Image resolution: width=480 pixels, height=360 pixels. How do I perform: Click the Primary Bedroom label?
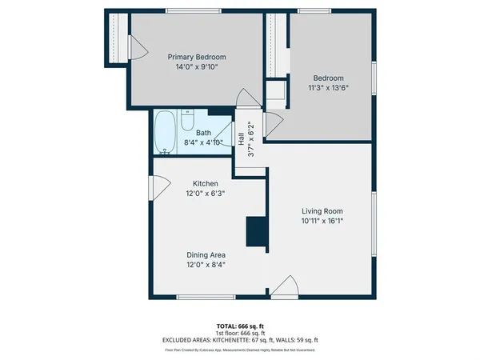[x=196, y=57]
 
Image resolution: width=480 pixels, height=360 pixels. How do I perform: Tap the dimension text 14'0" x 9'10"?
[x=196, y=67]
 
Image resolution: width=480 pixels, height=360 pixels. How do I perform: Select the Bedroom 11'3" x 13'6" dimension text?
[x=329, y=88]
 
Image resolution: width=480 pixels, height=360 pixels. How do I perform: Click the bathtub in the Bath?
[x=166, y=132]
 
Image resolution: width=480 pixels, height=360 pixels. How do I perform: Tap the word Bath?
[x=203, y=133]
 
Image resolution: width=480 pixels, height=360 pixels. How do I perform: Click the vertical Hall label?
[x=240, y=138]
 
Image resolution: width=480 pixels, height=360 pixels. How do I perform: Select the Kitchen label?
[x=205, y=183]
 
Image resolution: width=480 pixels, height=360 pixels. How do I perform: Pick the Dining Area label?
[x=205, y=254]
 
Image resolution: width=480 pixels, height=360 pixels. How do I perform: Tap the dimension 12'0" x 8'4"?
[x=205, y=265]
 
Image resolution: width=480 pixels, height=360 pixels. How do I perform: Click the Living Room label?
[x=323, y=210]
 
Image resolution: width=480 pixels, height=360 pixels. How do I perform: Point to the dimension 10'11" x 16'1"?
[x=323, y=220]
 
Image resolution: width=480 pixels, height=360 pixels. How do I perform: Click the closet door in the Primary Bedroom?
[x=137, y=49]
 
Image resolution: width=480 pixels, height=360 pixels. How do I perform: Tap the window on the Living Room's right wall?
[x=374, y=223]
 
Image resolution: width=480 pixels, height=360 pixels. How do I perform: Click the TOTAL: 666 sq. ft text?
[x=240, y=326]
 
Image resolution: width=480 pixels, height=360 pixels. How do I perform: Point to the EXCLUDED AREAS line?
[x=240, y=339]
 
